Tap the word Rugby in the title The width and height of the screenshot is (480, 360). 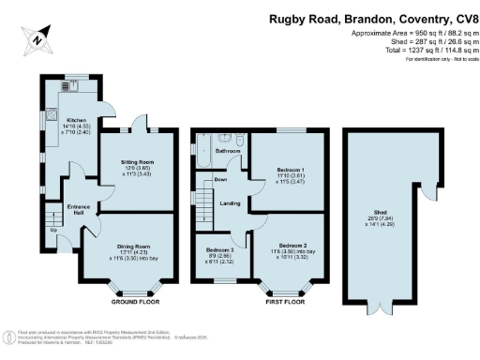288,17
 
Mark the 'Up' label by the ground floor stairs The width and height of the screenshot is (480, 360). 53,230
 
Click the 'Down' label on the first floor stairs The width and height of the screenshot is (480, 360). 221,179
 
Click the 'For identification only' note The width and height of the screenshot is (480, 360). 438,60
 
